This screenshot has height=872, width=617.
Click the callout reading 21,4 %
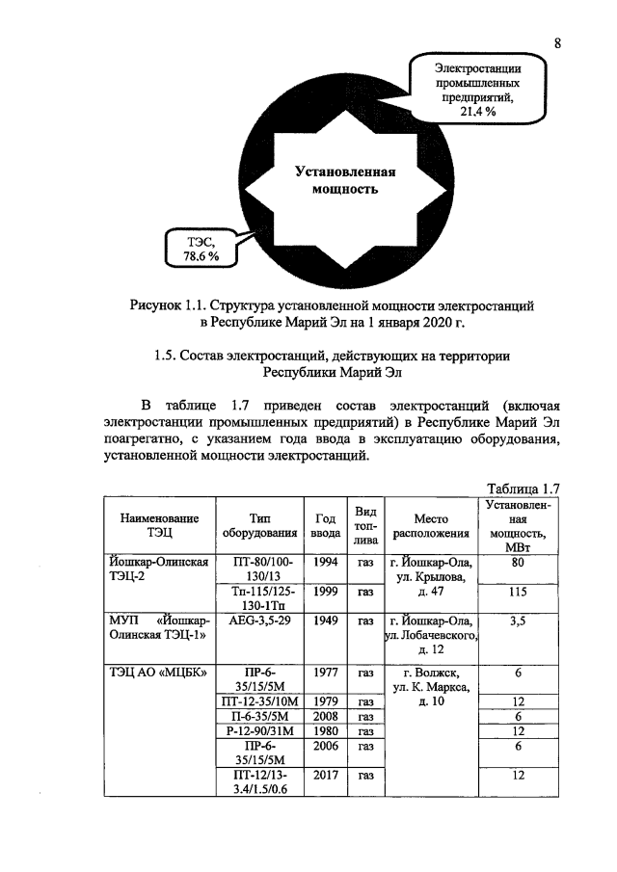[476, 91]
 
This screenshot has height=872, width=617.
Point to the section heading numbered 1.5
[332, 363]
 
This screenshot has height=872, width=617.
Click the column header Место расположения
[430, 524]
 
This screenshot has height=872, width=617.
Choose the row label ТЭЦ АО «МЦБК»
[157, 672]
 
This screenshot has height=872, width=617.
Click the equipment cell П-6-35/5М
[255, 717]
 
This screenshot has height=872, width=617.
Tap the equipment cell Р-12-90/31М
[255, 731]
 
